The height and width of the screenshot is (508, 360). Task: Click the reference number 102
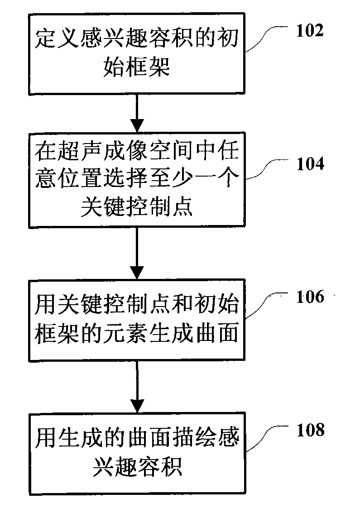(x=310, y=31)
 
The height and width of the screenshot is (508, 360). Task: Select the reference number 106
(x=310, y=297)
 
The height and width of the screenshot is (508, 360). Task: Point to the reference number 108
(x=311, y=430)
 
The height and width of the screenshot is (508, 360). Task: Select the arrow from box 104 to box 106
(x=137, y=253)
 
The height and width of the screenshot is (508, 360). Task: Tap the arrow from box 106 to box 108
(x=137, y=387)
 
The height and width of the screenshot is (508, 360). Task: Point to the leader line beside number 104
(x=266, y=169)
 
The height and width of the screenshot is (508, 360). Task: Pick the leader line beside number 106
(x=266, y=305)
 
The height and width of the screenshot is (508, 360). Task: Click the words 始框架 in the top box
(x=137, y=67)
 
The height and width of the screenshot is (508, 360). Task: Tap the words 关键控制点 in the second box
(x=137, y=206)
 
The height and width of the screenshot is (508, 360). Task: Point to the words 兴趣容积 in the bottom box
(x=137, y=466)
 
